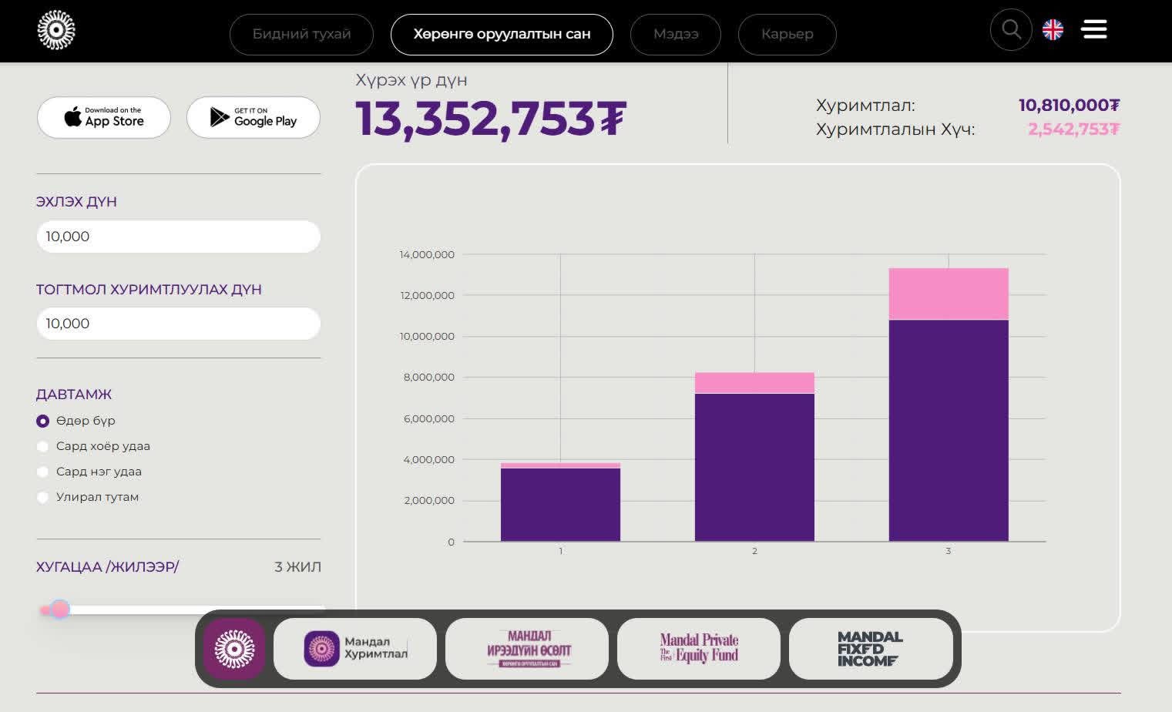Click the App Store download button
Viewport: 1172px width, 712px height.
[104, 118]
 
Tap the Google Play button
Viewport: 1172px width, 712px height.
[254, 118]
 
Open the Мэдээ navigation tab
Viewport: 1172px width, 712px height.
[676, 35]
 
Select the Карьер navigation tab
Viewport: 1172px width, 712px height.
[787, 35]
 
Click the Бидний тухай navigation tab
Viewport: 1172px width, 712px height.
[301, 35]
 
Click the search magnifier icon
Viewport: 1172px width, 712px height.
[1011, 30]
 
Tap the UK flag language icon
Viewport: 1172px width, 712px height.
[1053, 30]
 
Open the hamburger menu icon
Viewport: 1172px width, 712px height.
[1094, 30]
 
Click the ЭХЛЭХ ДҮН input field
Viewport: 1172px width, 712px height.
[178, 237]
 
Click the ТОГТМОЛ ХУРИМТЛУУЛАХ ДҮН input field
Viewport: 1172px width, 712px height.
[178, 324]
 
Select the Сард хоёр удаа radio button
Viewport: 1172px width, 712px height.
[43, 446]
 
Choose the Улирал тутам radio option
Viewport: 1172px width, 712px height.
[43, 497]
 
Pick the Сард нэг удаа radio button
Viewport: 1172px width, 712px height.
[43, 472]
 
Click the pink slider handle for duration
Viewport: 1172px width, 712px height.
[60, 610]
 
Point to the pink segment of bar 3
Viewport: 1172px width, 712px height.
[949, 294]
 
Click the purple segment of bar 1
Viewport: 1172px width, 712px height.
[560, 505]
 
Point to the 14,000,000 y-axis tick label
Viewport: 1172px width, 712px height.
[427, 254]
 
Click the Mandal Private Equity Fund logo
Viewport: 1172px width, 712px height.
[699, 649]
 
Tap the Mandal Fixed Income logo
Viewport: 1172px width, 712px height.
[870, 649]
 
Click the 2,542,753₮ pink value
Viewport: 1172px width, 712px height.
[1073, 129]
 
